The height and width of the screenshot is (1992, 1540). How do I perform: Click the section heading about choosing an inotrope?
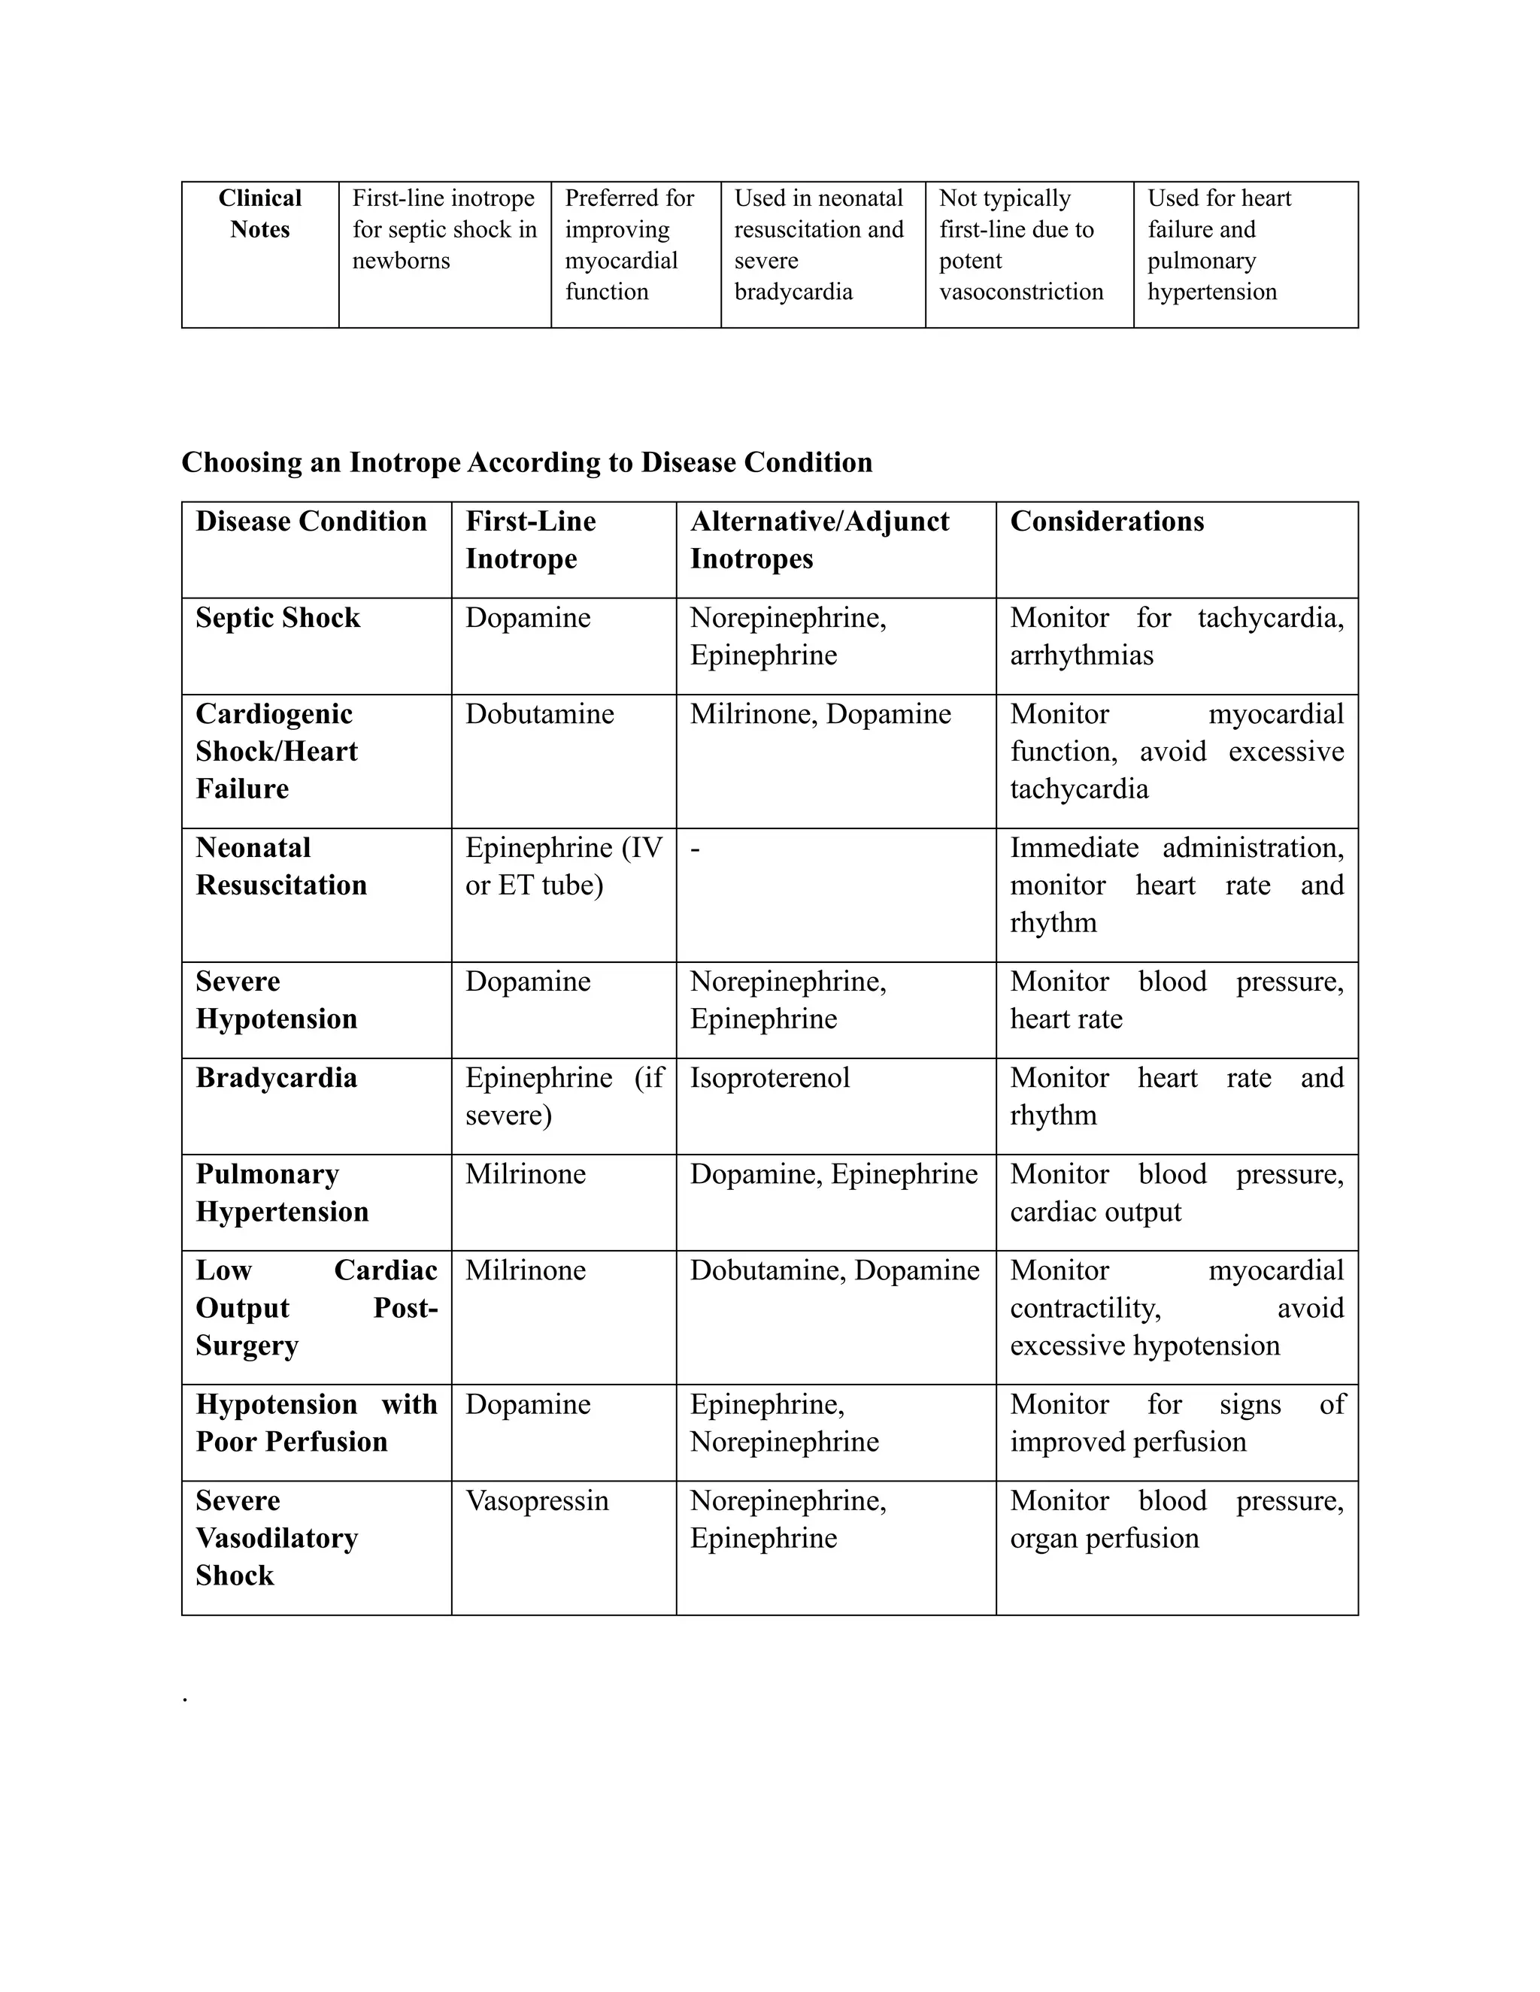coord(526,462)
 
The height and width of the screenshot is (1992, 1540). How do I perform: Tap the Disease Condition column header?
coord(311,522)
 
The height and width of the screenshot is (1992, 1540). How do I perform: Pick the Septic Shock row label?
coord(277,619)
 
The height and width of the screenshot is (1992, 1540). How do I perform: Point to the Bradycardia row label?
coord(275,1078)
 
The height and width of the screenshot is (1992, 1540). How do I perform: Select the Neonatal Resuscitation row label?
coord(281,867)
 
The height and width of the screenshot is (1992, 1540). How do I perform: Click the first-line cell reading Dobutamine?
coord(539,714)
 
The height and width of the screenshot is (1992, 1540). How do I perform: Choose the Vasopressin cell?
coord(536,1500)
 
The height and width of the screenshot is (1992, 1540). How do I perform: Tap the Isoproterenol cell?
coord(769,1078)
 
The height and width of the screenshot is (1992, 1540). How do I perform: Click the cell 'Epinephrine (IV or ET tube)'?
coord(563,867)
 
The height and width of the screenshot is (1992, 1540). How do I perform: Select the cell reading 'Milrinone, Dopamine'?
coord(820,714)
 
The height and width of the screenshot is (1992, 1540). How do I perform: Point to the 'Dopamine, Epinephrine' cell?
coord(833,1174)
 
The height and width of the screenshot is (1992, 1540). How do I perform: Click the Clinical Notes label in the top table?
coord(260,214)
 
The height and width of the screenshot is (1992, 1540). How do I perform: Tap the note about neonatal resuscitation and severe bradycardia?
coord(818,244)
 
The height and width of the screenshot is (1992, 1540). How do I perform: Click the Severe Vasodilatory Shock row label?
coord(277,1538)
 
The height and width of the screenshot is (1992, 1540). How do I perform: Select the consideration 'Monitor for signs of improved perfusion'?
coord(1176,1423)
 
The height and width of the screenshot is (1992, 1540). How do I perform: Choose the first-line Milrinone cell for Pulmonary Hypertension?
coord(526,1174)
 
